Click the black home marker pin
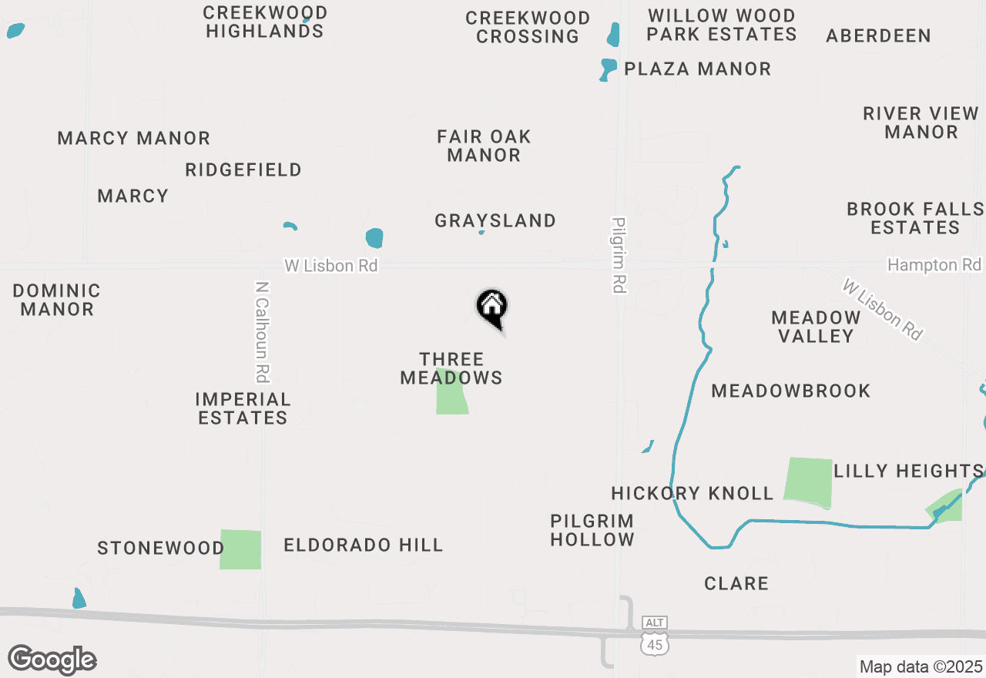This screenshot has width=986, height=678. pos(491,308)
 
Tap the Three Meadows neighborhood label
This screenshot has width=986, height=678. pos(451,368)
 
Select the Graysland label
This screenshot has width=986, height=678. pos(495,221)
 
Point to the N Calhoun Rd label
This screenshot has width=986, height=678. pos(263,331)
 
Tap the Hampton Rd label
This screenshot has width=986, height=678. pos(934,265)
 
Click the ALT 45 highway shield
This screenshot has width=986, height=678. pos(655,636)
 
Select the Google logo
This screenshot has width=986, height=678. pos(52,660)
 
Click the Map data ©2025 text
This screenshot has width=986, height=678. pos(921,666)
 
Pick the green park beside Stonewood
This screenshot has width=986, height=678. pos(240,549)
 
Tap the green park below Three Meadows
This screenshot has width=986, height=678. pos(451,393)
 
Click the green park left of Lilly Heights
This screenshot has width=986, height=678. pos(809,482)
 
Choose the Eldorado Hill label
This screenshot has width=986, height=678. pos(364,545)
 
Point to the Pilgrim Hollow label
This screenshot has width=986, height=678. pos(592,530)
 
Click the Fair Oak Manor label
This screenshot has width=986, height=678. pos(484,146)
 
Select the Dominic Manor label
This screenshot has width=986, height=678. pos(57,300)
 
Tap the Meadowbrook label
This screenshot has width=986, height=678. pos(790,391)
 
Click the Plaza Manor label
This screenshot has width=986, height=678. pos(697,69)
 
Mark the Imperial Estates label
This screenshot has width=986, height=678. pos(243,408)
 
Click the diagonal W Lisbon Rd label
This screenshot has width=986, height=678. pos(882,310)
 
